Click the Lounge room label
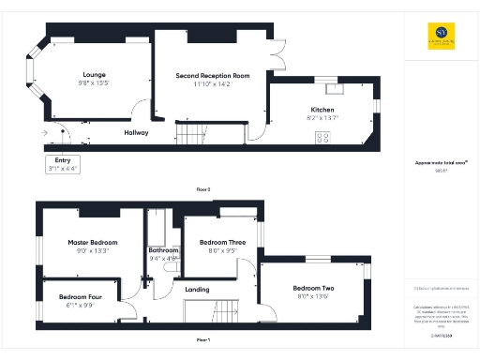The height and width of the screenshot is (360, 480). (x=94, y=74)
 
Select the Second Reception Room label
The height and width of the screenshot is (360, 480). (x=213, y=75)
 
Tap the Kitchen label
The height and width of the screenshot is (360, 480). (x=322, y=110)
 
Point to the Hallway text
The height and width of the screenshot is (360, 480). (x=137, y=132)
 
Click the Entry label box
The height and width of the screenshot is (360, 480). (x=63, y=165)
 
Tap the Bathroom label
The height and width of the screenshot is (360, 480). (x=164, y=250)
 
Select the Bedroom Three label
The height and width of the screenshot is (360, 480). (x=222, y=242)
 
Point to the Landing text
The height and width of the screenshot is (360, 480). (x=197, y=290)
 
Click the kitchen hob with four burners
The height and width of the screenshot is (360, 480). (x=322, y=138)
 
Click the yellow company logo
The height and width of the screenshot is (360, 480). (x=431, y=37)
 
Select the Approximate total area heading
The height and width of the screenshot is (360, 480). (x=441, y=162)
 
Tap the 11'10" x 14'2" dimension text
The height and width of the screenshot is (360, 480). (x=213, y=84)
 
